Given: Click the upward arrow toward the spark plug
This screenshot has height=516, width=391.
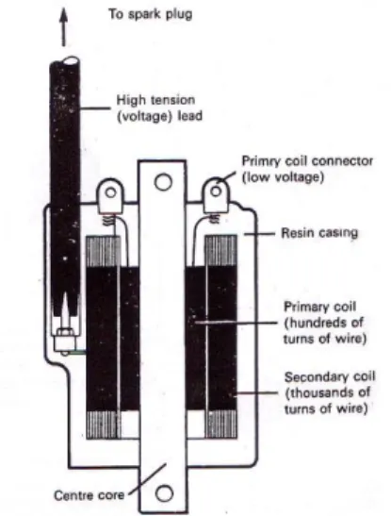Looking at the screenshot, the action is click(x=64, y=27).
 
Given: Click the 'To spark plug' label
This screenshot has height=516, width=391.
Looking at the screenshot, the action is click(x=150, y=14).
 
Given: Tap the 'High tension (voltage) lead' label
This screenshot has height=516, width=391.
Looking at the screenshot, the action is click(x=159, y=108).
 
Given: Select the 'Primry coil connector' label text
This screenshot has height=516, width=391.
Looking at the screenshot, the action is click(x=307, y=161).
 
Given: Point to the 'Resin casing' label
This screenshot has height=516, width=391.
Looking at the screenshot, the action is click(x=319, y=233).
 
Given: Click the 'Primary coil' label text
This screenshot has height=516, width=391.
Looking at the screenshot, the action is click(x=319, y=307).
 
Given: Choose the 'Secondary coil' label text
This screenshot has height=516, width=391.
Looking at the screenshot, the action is click(x=330, y=376).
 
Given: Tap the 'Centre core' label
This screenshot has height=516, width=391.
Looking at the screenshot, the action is click(x=90, y=495).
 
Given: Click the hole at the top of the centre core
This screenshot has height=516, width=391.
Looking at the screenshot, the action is click(x=163, y=182).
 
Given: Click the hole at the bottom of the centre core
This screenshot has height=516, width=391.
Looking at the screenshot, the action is click(x=164, y=493).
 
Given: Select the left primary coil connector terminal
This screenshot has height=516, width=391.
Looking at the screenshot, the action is click(x=110, y=195).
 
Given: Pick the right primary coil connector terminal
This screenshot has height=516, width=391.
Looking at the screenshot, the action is click(x=216, y=195).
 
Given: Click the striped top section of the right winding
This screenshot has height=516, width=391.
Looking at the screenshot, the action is click(x=220, y=250).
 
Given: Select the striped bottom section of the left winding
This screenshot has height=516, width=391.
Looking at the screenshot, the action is click(x=103, y=424).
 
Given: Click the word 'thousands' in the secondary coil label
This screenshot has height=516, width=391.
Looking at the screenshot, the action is click(x=329, y=392).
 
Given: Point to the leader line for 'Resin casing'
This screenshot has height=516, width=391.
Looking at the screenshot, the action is click(x=259, y=234).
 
